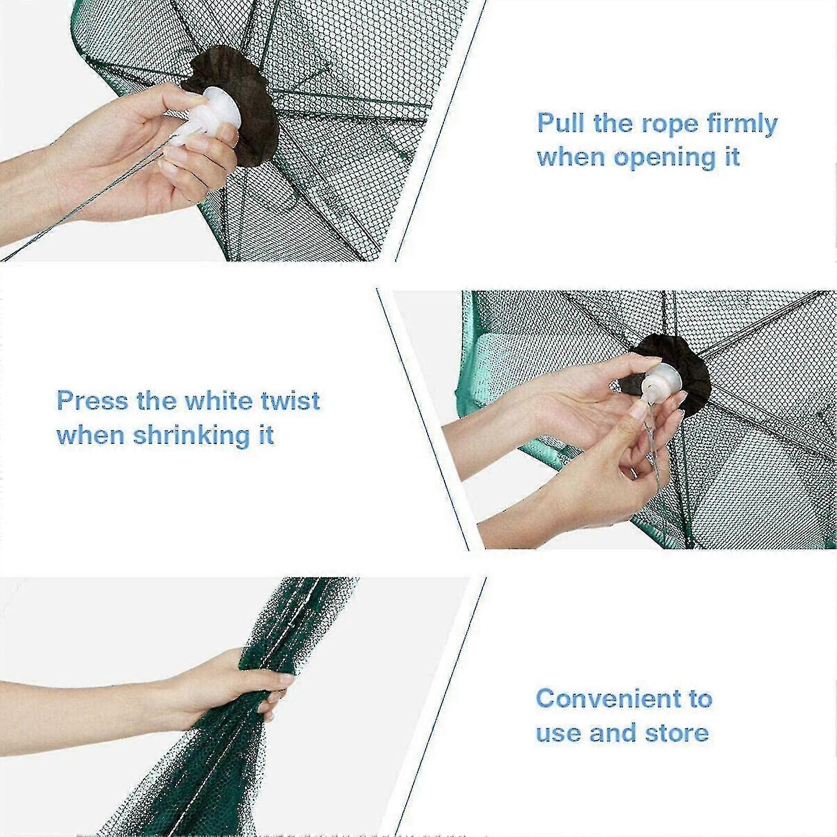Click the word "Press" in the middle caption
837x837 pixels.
pos(91,402)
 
